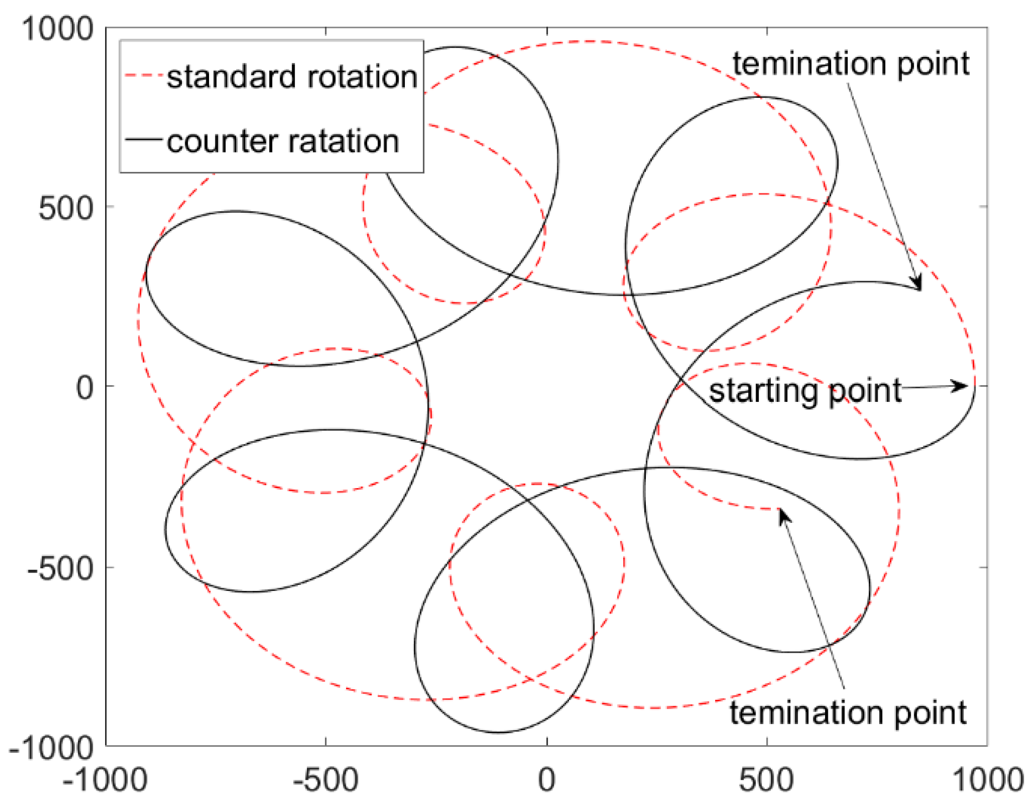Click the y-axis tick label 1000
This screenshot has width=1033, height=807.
pos(58,29)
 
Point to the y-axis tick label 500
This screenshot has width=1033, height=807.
pos(66,208)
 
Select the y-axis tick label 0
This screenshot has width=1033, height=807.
pos(85,387)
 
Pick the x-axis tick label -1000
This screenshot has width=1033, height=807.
pos(105,780)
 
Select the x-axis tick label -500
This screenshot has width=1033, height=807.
pos(326,780)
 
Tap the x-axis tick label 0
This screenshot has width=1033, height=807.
pos(546,780)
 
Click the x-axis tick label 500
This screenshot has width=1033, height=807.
pos(766,780)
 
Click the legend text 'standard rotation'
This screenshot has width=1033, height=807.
pos(292,77)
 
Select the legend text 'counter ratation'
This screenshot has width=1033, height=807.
pos(283,142)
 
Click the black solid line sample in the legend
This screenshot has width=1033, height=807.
pos(142,139)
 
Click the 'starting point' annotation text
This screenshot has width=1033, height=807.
pos(805,391)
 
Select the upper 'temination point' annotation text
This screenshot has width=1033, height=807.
pos(851,64)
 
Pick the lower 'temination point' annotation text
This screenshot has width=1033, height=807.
pos(848,712)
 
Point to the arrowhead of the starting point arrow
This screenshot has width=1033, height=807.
pos(961,386)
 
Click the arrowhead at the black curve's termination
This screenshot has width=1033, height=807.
pos(917,283)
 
